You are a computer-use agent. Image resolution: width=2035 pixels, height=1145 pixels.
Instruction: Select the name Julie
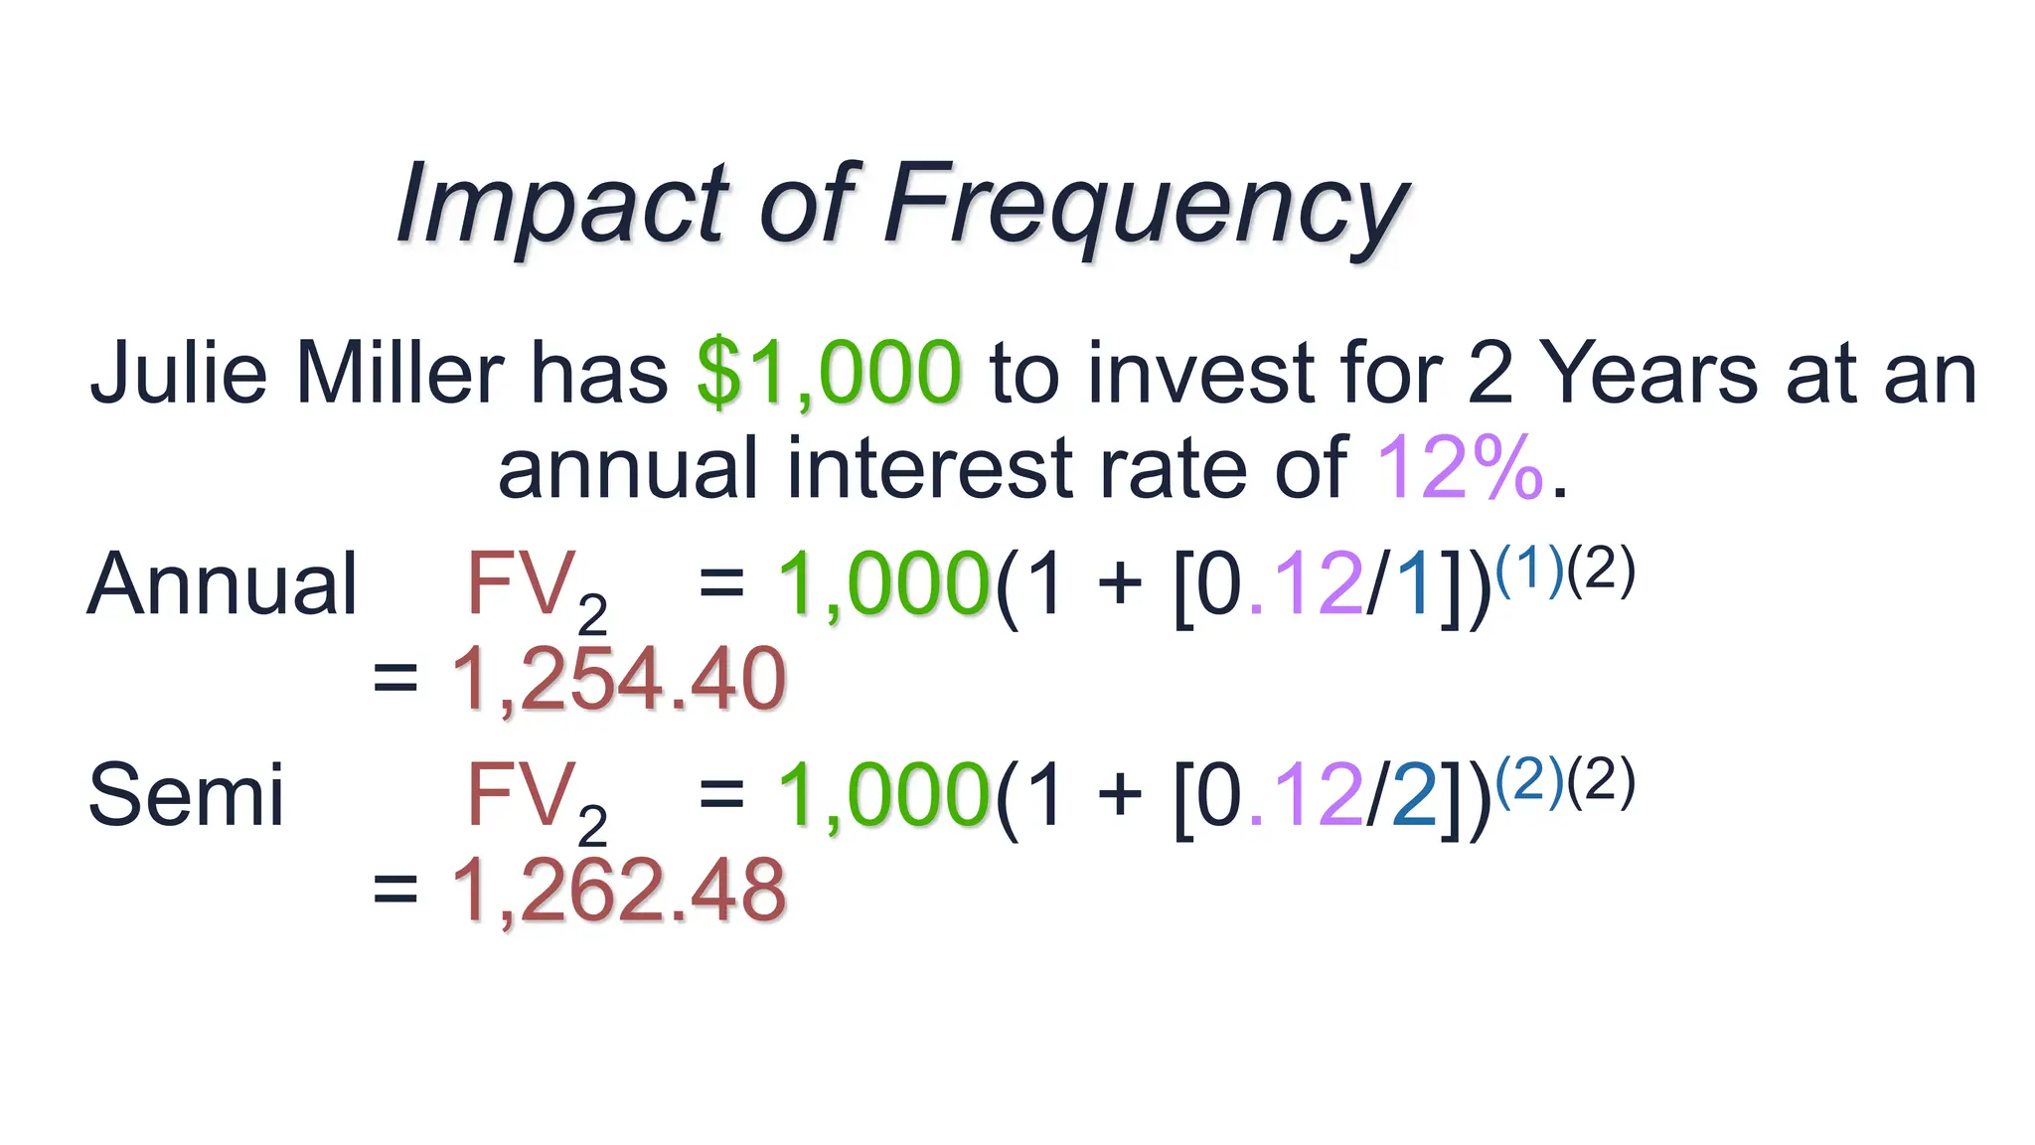pyautogui.click(x=179, y=374)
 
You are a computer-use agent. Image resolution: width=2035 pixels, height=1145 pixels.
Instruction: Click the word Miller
pyautogui.click(x=399, y=374)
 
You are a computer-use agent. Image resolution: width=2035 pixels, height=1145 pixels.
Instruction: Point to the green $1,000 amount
pyautogui.click(x=829, y=374)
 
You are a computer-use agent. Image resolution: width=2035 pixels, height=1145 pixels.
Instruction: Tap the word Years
pyautogui.click(x=1650, y=374)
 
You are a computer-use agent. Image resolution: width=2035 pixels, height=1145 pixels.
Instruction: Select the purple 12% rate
pyautogui.click(x=1459, y=468)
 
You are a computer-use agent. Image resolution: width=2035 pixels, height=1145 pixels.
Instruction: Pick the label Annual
pyautogui.click(x=222, y=584)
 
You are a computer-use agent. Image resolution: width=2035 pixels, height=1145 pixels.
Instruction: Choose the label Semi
pyautogui.click(x=186, y=795)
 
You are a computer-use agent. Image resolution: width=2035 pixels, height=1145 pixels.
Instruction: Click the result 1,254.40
pyautogui.click(x=618, y=680)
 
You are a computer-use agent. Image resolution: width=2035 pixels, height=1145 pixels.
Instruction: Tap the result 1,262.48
pyautogui.click(x=618, y=891)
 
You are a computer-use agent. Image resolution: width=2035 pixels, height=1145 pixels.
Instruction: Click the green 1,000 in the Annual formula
pyautogui.click(x=883, y=584)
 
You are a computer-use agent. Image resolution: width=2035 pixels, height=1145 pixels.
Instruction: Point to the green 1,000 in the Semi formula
pyautogui.click(x=883, y=795)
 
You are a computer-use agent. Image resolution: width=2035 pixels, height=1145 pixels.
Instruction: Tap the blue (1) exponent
pyautogui.click(x=1529, y=571)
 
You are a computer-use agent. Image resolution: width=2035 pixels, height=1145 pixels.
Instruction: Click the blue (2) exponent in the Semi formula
pyautogui.click(x=1529, y=781)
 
